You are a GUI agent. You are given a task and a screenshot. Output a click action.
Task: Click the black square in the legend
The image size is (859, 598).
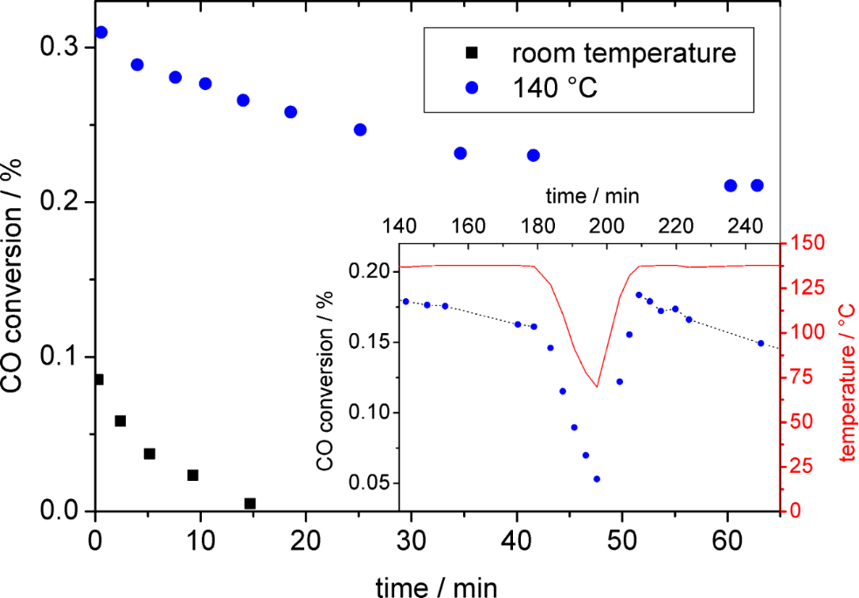[472, 53]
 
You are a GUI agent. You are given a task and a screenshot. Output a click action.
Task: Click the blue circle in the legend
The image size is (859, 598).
[472, 87]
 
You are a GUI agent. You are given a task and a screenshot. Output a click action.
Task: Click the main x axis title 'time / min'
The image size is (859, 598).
[437, 582]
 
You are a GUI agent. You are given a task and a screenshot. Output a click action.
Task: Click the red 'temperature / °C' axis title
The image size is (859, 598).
[845, 381]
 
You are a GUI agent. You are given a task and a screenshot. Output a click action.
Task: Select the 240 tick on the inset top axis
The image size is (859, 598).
[745, 225]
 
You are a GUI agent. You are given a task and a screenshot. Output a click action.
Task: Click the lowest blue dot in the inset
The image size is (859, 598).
[597, 479]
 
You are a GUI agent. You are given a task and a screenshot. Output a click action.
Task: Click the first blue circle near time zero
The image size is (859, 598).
[100, 32]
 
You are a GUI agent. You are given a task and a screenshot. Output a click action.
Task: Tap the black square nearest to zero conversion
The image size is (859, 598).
[250, 504]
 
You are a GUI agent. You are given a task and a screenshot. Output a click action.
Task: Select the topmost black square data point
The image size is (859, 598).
[98, 379]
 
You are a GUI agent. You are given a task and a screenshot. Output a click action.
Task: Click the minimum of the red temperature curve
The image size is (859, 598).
[597, 386]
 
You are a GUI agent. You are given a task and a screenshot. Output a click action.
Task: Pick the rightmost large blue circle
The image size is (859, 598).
[757, 185]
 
